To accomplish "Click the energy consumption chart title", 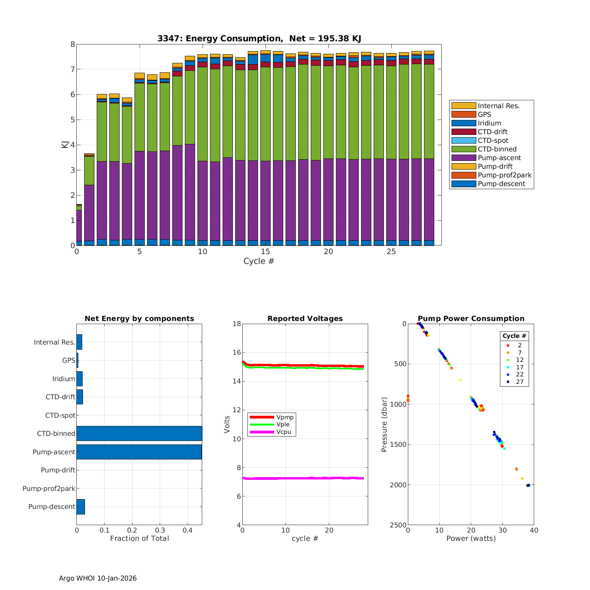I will (x=259, y=39).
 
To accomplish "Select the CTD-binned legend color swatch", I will (x=463, y=149).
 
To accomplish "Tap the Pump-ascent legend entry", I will (x=499, y=158).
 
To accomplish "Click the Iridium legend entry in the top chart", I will (x=489, y=123).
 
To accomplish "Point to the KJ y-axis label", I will (x=65, y=144).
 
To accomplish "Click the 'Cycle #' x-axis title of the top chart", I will (x=258, y=261).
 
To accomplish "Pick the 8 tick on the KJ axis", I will (x=72, y=44).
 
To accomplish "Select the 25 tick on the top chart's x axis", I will (x=391, y=252).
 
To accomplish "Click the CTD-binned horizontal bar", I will (x=139, y=433).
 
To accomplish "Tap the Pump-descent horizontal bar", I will (x=81, y=507).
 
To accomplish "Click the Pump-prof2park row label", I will (x=49, y=489).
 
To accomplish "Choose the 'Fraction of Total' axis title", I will (x=139, y=538).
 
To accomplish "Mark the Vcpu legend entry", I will (x=283, y=432).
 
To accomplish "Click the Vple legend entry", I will (x=283, y=424).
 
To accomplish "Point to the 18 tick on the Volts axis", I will (x=237, y=324).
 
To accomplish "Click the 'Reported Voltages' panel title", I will (x=305, y=319).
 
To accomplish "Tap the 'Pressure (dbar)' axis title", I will (x=384, y=424).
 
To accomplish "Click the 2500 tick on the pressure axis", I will (x=398, y=525).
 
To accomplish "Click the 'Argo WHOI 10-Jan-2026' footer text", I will (x=98, y=578).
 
